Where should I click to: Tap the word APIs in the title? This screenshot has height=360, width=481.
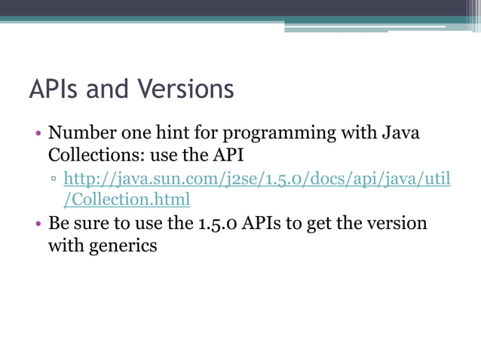coord(57,90)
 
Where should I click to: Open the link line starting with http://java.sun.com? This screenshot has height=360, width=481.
coord(257,179)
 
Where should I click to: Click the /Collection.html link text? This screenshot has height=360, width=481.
coord(127,200)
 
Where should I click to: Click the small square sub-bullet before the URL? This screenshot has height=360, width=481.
coord(53,180)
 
